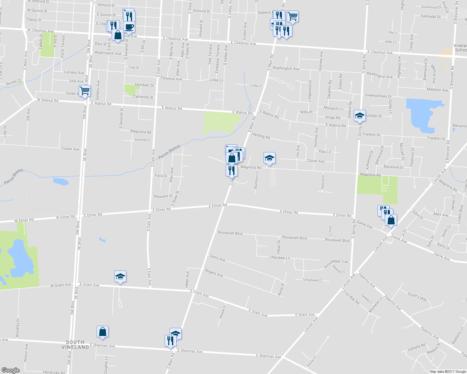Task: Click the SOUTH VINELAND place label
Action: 75,344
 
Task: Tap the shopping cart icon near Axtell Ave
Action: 85,91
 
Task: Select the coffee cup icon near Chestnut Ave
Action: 129,27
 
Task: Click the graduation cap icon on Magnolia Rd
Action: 269,158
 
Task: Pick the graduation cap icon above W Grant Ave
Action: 120,276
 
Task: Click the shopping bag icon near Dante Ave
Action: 391,220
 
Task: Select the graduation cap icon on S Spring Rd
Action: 360,116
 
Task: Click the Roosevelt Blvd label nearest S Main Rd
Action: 230,233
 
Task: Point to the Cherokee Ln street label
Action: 279,258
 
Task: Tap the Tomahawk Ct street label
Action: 312,280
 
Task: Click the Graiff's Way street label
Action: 417,296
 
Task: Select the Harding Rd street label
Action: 261,136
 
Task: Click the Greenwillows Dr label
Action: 378,96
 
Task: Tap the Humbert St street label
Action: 145,85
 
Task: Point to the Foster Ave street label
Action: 71,149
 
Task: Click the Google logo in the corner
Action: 11,370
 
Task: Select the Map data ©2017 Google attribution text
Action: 448,372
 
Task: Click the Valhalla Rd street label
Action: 416,347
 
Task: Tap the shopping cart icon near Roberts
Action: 292,16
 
